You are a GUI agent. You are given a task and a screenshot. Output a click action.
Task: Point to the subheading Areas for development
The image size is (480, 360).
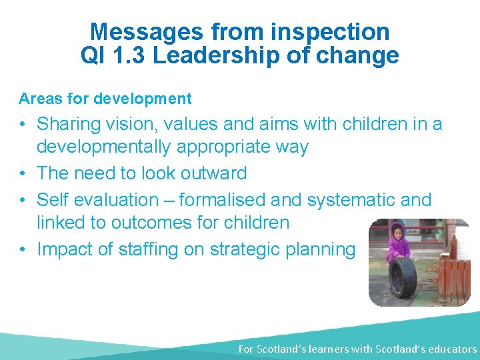pyautogui.click(x=105, y=99)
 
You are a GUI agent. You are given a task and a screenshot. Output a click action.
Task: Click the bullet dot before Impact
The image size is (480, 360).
pyautogui.click(x=23, y=249)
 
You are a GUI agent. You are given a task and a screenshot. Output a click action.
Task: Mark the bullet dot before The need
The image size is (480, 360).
pyautogui.click(x=23, y=173)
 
